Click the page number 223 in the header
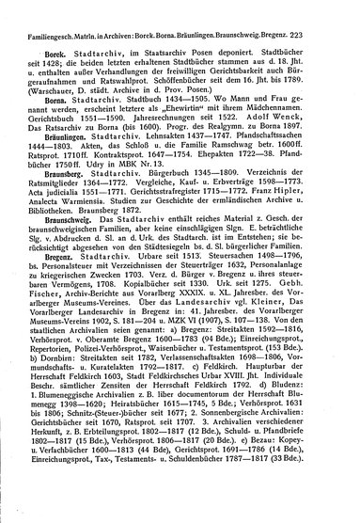[344, 11]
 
